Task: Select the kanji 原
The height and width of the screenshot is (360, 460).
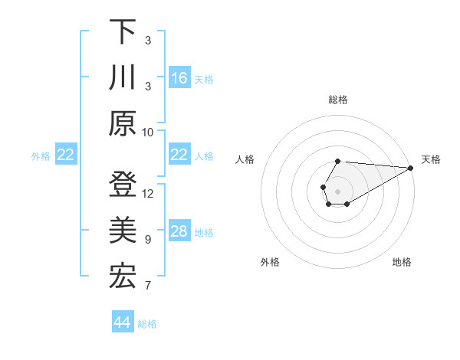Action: (x=123, y=123)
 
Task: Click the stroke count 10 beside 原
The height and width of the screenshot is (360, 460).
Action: (x=148, y=133)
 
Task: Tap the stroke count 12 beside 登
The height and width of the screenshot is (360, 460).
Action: (x=148, y=194)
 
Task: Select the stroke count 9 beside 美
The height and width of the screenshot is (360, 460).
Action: (x=148, y=240)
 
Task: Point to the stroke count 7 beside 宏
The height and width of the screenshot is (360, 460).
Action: (x=148, y=286)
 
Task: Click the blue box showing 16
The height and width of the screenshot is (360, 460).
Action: (x=179, y=77)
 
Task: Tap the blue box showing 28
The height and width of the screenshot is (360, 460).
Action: (x=179, y=231)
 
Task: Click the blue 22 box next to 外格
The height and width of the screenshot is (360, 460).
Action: (x=66, y=155)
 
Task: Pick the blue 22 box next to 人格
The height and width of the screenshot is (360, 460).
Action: (x=179, y=155)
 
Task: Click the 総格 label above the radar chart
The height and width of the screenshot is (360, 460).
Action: (x=337, y=100)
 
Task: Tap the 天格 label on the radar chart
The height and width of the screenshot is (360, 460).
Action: (x=431, y=159)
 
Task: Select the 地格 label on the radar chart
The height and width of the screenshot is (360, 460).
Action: (x=402, y=263)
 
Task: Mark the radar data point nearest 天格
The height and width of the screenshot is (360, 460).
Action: (x=411, y=168)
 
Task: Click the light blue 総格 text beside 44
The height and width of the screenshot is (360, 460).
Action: (x=147, y=324)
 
